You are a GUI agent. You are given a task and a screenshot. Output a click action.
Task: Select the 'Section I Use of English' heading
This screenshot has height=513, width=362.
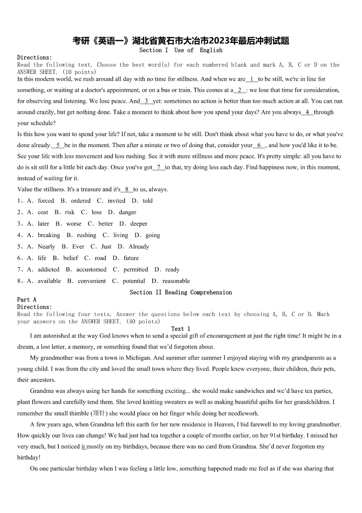point(181,50)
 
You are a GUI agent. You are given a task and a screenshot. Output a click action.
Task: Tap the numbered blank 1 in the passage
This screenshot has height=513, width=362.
point(252,79)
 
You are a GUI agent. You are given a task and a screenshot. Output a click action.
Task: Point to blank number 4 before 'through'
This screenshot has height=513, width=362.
point(307,112)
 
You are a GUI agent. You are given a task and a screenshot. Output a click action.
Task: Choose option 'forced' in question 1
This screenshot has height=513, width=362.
point(46,201)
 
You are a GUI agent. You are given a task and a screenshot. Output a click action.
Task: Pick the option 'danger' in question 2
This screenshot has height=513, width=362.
point(128,212)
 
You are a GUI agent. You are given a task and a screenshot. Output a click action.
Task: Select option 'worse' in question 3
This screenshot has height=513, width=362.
point(73,224)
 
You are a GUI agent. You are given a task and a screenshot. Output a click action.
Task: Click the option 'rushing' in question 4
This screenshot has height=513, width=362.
point(87,235)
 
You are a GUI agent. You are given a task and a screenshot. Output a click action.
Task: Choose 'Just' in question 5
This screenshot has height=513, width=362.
point(106,247)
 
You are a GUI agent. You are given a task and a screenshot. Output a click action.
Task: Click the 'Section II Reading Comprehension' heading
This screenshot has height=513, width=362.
point(181,292)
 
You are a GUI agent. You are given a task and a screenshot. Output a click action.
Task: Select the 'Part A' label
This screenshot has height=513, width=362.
point(27,300)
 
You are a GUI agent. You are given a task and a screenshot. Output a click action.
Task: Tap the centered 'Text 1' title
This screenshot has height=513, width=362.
point(181,328)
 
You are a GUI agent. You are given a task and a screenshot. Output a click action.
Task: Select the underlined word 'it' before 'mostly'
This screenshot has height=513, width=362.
point(83,446)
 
